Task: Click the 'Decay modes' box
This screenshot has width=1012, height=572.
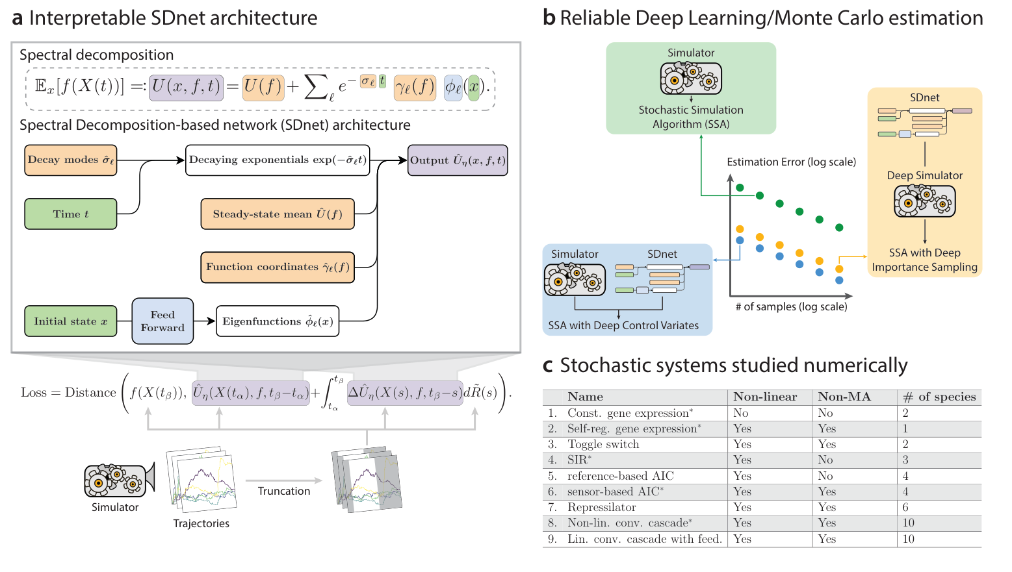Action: (71, 160)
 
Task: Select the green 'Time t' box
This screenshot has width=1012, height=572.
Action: (71, 214)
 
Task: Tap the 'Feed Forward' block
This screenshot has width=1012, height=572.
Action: (162, 321)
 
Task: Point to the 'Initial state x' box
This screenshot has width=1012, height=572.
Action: (71, 321)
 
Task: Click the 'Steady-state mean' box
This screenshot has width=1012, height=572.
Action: (278, 214)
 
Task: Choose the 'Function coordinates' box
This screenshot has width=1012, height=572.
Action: (278, 267)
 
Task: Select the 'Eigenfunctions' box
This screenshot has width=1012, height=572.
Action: (278, 321)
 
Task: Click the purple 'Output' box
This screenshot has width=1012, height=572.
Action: (458, 160)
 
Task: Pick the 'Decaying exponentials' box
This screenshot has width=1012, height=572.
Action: (278, 160)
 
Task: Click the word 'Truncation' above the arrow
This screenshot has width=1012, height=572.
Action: (284, 491)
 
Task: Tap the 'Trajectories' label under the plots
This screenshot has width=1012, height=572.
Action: (201, 524)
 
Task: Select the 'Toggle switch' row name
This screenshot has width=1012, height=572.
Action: (603, 445)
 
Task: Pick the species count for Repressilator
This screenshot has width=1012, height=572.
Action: (905, 508)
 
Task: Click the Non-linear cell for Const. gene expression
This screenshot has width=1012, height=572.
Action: (741, 413)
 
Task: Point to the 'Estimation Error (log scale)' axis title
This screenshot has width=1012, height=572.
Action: (791, 162)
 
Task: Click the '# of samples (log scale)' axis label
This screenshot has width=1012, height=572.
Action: (791, 307)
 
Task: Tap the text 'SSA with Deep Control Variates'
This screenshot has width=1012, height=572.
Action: (623, 326)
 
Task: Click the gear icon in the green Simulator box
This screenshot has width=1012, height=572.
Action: (691, 79)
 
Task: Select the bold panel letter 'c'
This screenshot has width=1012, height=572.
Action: (548, 366)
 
